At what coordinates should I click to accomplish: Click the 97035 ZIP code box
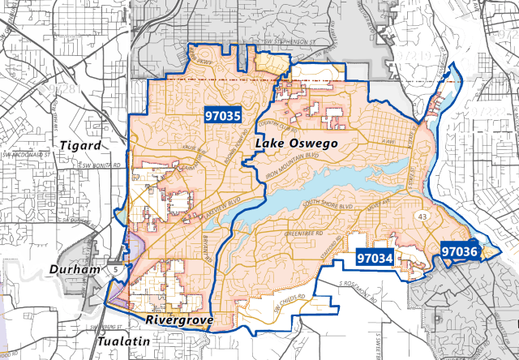[x=223, y=116]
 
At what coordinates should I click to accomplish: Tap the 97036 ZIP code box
[x=459, y=252]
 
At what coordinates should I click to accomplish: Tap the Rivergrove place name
[x=179, y=321]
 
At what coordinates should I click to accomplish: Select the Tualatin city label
[x=122, y=342]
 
